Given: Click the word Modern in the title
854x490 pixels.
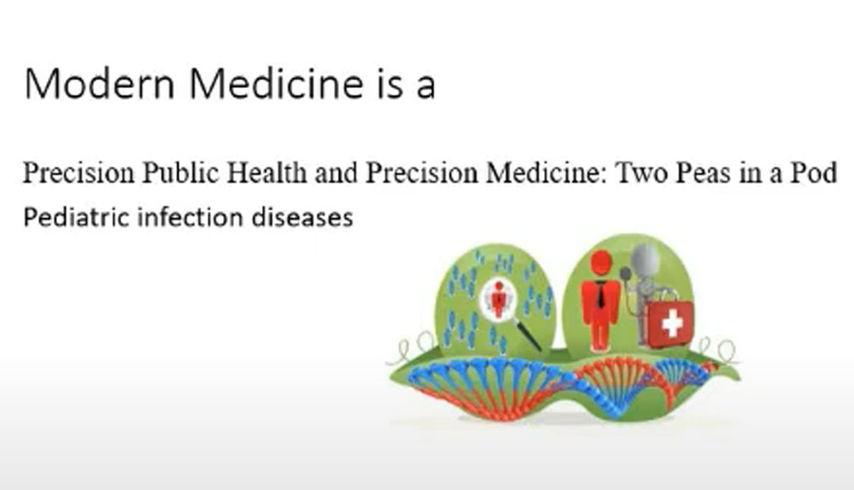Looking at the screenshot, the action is pyautogui.click(x=100, y=84).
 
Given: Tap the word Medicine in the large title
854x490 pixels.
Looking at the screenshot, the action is pyautogui.click(x=276, y=84).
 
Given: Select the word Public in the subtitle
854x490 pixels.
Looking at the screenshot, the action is pyautogui.click(x=181, y=172).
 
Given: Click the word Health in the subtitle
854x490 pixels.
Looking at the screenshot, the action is pyautogui.click(x=266, y=172).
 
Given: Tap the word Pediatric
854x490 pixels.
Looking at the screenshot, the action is pyautogui.click(x=76, y=217).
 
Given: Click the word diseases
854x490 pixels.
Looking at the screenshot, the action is pyautogui.click(x=302, y=217).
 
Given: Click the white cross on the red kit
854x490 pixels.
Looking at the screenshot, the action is pyautogui.click(x=671, y=324).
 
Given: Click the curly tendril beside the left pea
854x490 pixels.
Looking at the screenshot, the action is pyautogui.click(x=414, y=348).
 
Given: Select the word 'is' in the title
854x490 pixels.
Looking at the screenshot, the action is pyautogui.click(x=389, y=84).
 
